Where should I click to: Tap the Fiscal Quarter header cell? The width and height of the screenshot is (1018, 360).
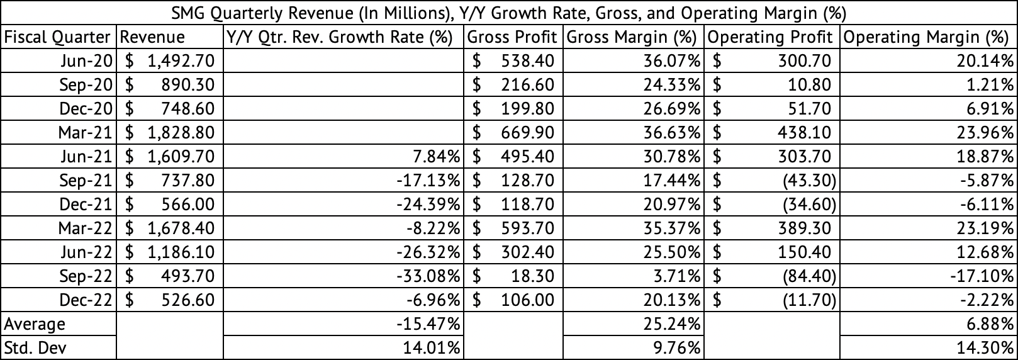point(57,37)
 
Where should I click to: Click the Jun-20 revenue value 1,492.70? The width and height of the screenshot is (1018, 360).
point(181,61)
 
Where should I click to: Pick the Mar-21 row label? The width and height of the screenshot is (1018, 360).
point(86,133)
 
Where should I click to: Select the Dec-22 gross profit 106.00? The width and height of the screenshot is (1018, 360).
point(528,300)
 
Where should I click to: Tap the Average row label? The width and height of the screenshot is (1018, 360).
point(35,324)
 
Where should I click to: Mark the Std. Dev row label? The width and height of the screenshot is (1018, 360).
point(35,348)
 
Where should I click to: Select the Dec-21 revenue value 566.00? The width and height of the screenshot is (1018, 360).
point(189,205)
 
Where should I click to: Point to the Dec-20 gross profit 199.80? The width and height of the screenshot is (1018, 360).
point(528,109)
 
